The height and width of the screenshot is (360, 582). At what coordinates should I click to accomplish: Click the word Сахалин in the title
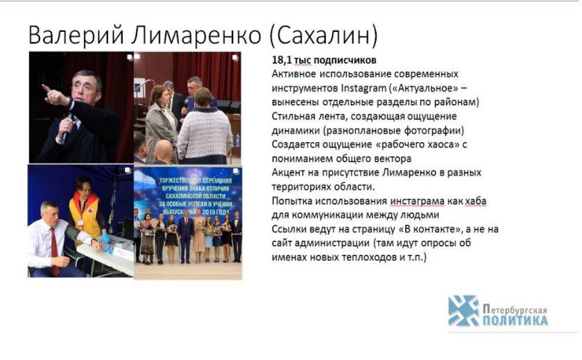tap(323, 35)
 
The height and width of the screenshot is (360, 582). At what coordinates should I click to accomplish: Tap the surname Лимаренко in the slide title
tap(196, 35)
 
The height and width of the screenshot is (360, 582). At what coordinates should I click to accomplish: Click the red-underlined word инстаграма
tap(417, 202)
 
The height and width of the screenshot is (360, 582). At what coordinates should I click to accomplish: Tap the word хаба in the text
tap(475, 201)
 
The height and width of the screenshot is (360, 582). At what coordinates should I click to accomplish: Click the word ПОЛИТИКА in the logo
tap(515, 320)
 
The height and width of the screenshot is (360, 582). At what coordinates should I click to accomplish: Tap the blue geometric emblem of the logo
tap(463, 311)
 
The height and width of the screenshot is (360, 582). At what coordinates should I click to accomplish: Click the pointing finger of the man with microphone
tap(46, 89)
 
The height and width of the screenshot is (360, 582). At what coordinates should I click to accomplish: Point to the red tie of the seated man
tap(54, 250)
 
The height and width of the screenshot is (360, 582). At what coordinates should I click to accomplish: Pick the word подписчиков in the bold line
tap(345, 60)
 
